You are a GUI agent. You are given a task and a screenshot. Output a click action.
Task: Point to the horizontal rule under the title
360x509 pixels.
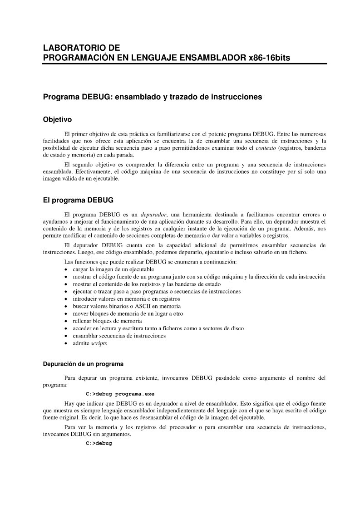pos(184,64)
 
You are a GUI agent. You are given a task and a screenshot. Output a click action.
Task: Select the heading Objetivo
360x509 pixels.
pos(57,120)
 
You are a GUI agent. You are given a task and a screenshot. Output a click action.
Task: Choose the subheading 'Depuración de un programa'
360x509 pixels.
pos(83,364)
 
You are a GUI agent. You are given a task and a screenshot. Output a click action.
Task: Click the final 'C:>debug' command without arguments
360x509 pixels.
pos(99,443)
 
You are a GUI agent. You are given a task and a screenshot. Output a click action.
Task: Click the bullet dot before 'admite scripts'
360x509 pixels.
pos(67,343)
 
